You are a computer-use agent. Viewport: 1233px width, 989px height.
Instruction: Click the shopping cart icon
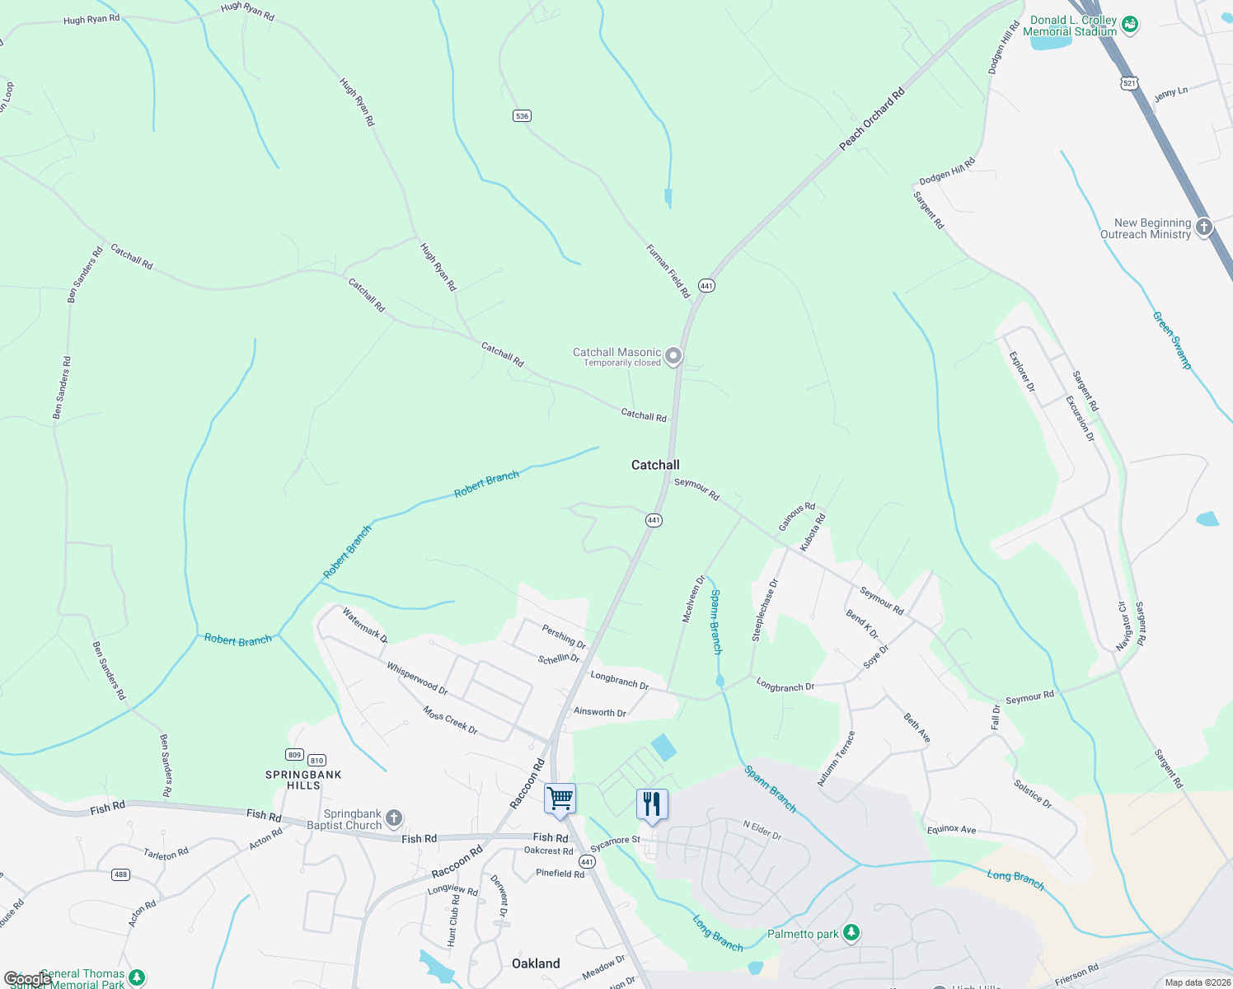(560, 799)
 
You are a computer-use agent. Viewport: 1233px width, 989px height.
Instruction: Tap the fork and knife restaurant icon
(652, 803)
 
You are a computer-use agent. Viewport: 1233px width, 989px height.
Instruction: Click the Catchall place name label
(655, 465)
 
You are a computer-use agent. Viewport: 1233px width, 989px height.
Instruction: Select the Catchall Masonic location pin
(673, 356)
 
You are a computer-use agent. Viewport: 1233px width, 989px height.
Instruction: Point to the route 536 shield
(522, 116)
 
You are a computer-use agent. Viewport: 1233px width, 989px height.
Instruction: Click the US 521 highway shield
(1129, 83)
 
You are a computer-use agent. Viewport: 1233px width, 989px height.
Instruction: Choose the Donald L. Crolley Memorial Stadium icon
(1131, 24)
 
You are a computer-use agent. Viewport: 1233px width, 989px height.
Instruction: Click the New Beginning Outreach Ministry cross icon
(1204, 227)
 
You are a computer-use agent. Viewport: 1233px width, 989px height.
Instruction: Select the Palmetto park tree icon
(851, 933)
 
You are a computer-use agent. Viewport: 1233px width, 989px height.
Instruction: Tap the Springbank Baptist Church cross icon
(394, 818)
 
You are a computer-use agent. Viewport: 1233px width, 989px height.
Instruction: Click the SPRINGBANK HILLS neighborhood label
(303, 780)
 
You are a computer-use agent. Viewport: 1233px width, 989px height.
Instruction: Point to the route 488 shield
(121, 874)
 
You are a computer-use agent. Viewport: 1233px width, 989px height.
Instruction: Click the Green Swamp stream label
(1171, 340)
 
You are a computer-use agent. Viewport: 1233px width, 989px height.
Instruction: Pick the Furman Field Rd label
(668, 271)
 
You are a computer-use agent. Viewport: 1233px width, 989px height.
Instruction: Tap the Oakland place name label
(536, 963)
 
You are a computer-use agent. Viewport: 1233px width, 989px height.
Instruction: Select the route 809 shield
(294, 755)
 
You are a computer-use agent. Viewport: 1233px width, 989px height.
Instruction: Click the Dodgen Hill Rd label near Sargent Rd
(947, 171)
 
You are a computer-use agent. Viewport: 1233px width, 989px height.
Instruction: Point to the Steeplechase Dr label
(764, 611)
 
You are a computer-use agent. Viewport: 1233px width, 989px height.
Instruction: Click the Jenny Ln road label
(1170, 93)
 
